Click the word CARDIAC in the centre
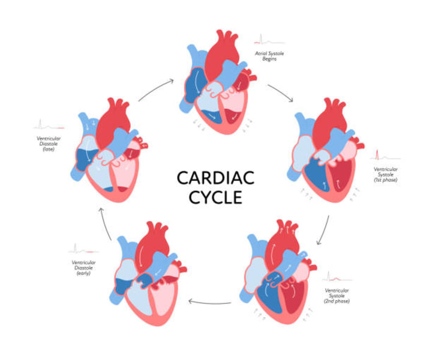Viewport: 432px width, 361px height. [216, 178]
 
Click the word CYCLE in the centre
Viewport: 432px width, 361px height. [216, 197]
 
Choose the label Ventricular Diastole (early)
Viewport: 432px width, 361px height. [84, 267]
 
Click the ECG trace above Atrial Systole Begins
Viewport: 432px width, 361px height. [268, 41]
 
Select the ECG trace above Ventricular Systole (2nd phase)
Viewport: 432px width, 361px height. [337, 278]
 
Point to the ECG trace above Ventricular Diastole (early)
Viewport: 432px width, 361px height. [84, 249]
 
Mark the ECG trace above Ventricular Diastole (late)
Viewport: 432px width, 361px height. [49, 126]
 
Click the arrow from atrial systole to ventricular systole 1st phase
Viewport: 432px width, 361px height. [280, 92]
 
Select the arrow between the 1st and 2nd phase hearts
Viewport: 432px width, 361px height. [324, 229]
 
